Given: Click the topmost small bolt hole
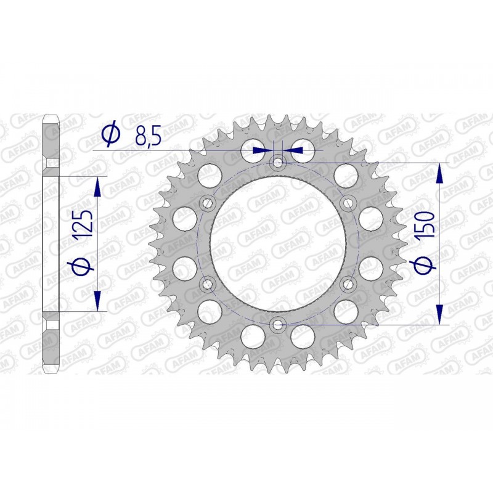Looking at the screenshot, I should [277, 163].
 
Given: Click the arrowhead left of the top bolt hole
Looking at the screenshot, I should [264, 149].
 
